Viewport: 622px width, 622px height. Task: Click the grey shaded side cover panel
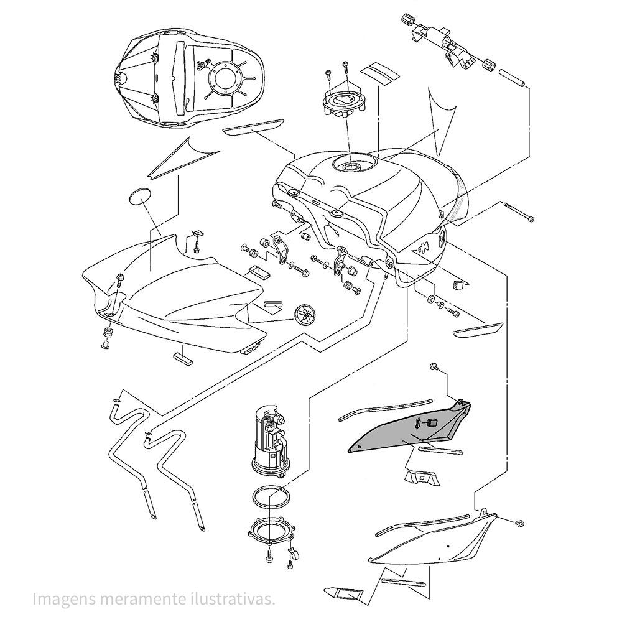(404, 429)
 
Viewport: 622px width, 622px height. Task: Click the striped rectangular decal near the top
(381, 73)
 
